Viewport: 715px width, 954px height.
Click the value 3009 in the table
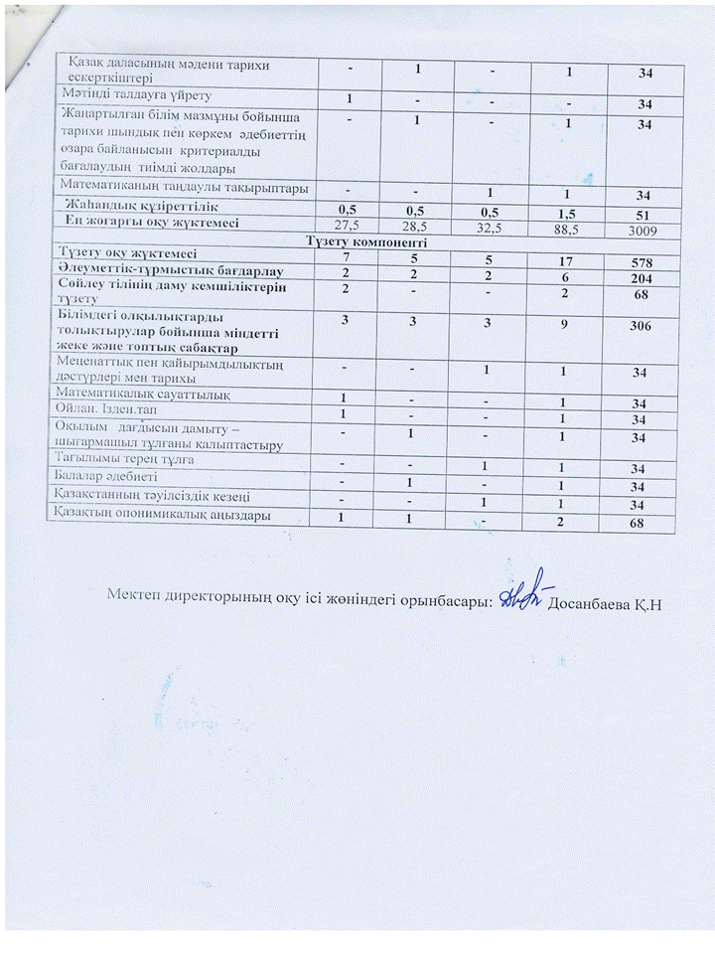pos(644,230)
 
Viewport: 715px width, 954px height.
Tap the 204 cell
pos(644,272)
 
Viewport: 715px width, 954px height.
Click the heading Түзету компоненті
pos(367,241)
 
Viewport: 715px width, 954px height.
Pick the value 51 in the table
pos(644,213)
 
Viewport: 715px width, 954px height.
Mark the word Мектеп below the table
pos(137,596)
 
